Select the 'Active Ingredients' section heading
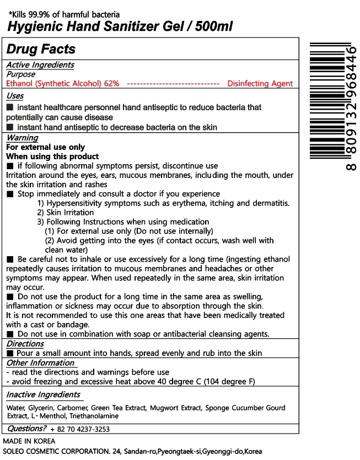click(40, 65)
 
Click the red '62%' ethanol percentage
click(111, 83)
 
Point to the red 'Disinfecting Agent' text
click(260, 83)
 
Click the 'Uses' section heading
click(15, 96)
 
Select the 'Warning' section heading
click(22, 138)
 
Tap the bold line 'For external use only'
click(45, 147)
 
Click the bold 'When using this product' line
click(52, 156)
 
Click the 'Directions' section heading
click(25, 344)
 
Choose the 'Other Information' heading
click(40, 363)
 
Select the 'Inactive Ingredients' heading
click(43, 394)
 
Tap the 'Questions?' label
click(26, 429)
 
